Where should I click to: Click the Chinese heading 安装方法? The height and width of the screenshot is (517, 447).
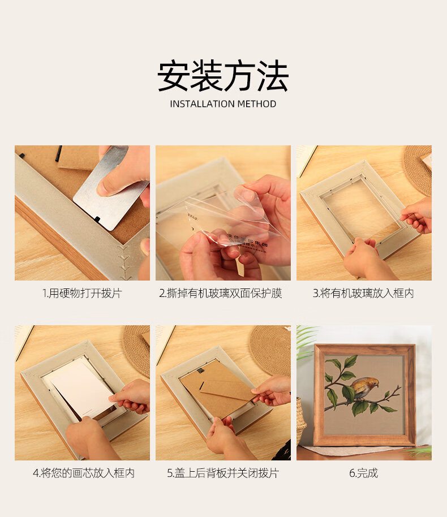[x=223, y=76]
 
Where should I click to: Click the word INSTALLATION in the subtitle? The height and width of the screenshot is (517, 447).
[x=202, y=104]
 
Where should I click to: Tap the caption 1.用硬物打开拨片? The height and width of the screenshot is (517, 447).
[x=82, y=293]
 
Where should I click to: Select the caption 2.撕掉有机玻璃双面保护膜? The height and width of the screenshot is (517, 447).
[x=220, y=293]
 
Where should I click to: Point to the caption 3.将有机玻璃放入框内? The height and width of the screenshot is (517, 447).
[x=363, y=293]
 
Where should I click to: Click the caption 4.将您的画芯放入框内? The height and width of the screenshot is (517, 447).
[x=84, y=473]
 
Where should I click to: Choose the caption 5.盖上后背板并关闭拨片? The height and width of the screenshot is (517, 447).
[x=223, y=473]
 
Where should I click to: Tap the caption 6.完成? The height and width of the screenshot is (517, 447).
[x=363, y=473]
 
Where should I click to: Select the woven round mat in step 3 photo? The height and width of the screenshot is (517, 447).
[x=418, y=169]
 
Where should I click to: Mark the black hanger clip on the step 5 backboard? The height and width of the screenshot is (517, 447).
[x=200, y=371]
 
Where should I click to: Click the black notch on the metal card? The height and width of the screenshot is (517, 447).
[x=97, y=218]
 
